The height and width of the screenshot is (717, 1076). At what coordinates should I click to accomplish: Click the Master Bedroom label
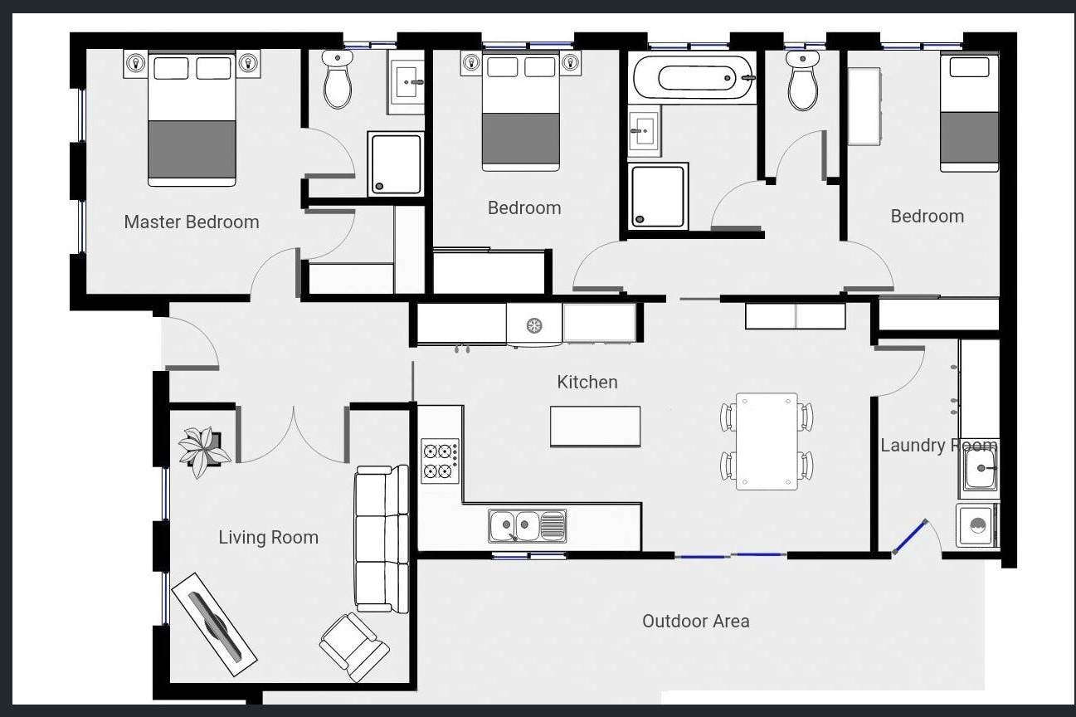pos(192,222)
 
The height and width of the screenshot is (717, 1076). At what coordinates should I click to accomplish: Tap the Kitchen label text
pos(587,382)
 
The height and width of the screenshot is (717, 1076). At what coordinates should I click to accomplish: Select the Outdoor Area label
pos(695,621)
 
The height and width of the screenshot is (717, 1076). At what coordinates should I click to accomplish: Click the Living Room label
pos(269,537)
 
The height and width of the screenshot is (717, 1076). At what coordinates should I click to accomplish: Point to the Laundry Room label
pos(938,446)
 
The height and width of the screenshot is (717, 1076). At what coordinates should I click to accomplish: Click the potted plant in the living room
pos(204,451)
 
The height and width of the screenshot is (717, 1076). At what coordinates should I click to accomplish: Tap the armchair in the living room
pos(354,646)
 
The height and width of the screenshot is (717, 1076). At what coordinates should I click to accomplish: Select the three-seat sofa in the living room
pos(382,539)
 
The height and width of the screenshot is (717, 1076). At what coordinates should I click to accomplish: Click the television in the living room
pos(214,624)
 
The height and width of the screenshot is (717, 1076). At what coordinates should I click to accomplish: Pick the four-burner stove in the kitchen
pos(440,461)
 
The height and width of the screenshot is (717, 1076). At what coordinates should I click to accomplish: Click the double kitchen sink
pos(528,526)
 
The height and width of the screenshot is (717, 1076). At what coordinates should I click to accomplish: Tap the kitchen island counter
pos(595,427)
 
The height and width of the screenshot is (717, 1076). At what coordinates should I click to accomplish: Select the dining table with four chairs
pos(767,441)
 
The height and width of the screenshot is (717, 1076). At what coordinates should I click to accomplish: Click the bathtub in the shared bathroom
pos(692,78)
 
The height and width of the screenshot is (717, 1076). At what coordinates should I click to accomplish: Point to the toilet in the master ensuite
pos(338,79)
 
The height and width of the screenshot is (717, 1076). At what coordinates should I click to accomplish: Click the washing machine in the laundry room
pos(977,525)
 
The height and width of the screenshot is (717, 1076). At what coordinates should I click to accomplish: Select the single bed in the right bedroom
pos(969,113)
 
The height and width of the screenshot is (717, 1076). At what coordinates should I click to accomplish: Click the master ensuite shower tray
pos(396,163)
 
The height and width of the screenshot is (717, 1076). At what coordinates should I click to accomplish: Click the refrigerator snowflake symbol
pos(533,325)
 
